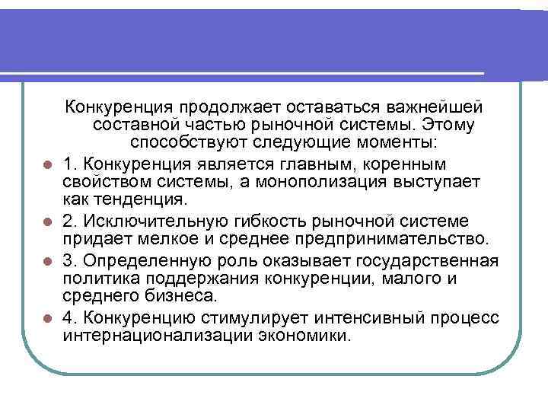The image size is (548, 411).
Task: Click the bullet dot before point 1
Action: (x=47, y=165)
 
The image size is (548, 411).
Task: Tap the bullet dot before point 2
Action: (x=47, y=222)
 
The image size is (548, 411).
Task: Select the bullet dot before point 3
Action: (x=47, y=261)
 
